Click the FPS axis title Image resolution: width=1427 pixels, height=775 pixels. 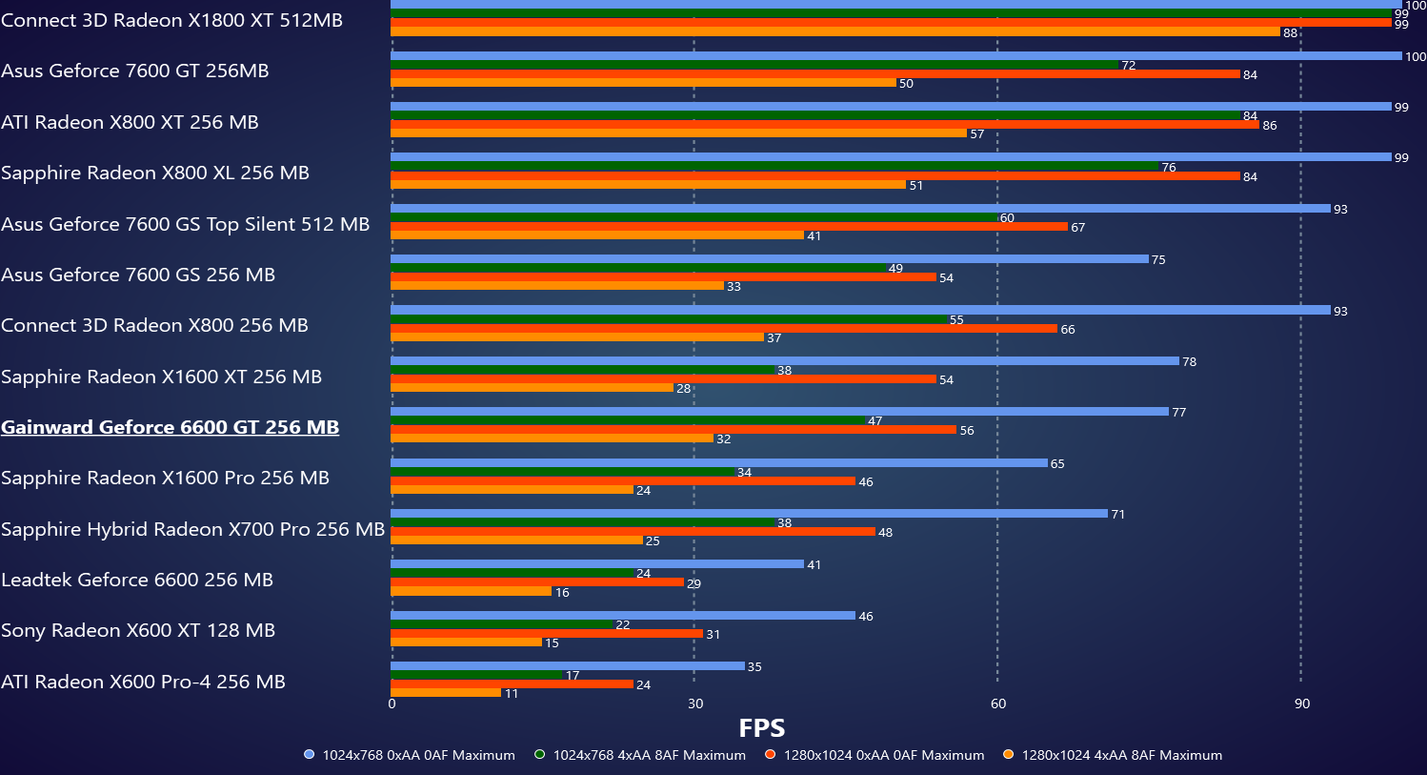pyautogui.click(x=762, y=728)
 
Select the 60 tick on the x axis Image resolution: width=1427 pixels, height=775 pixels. pyautogui.click(x=997, y=704)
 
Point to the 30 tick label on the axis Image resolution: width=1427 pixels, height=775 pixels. pyautogui.click(x=695, y=704)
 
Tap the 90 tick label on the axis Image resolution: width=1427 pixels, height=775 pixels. pyautogui.click(x=1301, y=704)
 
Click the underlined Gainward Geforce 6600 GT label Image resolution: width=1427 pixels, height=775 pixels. pyautogui.click(x=171, y=427)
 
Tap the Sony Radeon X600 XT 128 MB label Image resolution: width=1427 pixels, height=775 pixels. pyautogui.click(x=138, y=630)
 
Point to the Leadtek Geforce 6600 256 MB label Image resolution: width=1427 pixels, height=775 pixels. pyautogui.click(x=137, y=580)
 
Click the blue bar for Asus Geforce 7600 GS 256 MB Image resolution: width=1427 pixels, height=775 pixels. pyautogui.click(x=770, y=259)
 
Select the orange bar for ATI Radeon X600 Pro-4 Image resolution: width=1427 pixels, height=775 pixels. pyautogui.click(x=446, y=693)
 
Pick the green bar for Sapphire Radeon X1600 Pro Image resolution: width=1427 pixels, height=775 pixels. pyautogui.click(x=563, y=472)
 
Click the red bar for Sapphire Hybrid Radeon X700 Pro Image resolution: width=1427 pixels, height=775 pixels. pyautogui.click(x=633, y=532)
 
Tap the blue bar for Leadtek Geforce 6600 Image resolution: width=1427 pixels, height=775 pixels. pyautogui.click(x=597, y=564)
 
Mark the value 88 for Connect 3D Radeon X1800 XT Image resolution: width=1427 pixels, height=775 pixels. pyautogui.click(x=1291, y=33)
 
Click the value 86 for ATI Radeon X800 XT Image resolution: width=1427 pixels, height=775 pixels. pyautogui.click(x=1270, y=126)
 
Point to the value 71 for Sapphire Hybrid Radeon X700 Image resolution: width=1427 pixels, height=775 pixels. pyautogui.click(x=1118, y=515)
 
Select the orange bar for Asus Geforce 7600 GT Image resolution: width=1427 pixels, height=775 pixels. pyautogui.click(x=643, y=83)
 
